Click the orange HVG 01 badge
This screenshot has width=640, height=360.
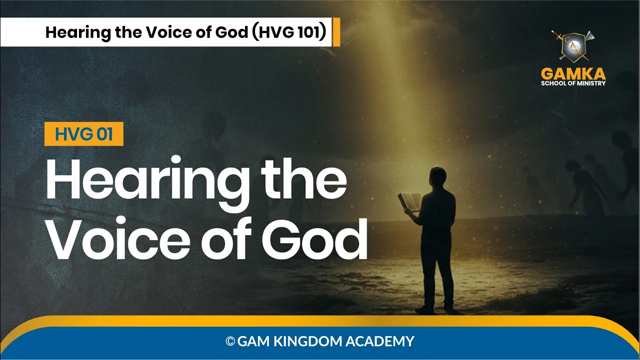pyautogui.click(x=83, y=134)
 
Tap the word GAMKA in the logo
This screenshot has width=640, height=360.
pyautogui.click(x=573, y=74)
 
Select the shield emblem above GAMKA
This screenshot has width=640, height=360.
pyautogui.click(x=573, y=46)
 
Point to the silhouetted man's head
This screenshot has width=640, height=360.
pyautogui.click(x=437, y=177)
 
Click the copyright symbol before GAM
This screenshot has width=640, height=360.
pyautogui.click(x=230, y=341)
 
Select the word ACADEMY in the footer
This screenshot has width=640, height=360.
pyautogui.click(x=380, y=341)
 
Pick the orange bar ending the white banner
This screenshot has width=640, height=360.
pyautogui.click(x=336, y=32)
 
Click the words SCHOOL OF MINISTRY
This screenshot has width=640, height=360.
pyautogui.click(x=573, y=83)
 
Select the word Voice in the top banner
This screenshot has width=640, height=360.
pyautogui.click(x=169, y=32)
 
